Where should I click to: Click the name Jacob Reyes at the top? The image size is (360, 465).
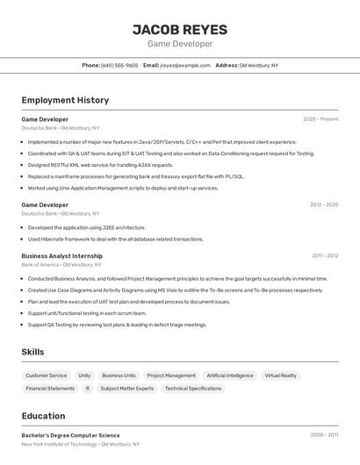click(179, 29)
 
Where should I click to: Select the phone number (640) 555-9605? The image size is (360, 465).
click(119, 65)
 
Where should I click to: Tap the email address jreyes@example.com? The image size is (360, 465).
click(184, 65)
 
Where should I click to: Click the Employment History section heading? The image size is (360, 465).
click(65, 100)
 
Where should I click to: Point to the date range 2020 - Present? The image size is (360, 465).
click(320, 119)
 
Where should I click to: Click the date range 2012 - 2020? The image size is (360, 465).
click(323, 204)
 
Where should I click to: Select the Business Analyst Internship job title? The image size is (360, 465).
click(61, 256)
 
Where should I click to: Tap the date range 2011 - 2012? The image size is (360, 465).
click(324, 256)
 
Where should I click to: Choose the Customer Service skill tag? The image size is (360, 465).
click(46, 376)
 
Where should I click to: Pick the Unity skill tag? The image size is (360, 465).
click(84, 376)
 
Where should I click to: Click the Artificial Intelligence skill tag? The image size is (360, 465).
click(230, 376)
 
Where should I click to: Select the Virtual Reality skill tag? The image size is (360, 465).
click(280, 376)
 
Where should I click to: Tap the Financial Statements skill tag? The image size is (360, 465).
click(50, 388)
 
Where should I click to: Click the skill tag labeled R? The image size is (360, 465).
click(87, 388)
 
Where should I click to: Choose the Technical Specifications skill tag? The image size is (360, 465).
click(193, 388)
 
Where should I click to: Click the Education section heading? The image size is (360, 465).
click(43, 416)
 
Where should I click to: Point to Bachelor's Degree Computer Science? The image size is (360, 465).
click(70, 435)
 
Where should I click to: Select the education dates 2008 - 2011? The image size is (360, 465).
click(323, 435)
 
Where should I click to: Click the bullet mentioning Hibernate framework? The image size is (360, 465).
click(115, 239)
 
